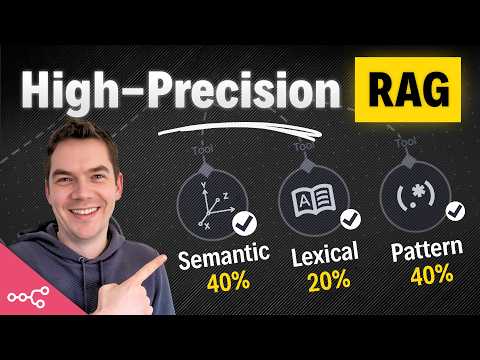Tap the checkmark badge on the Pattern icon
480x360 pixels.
coord(456,212)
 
